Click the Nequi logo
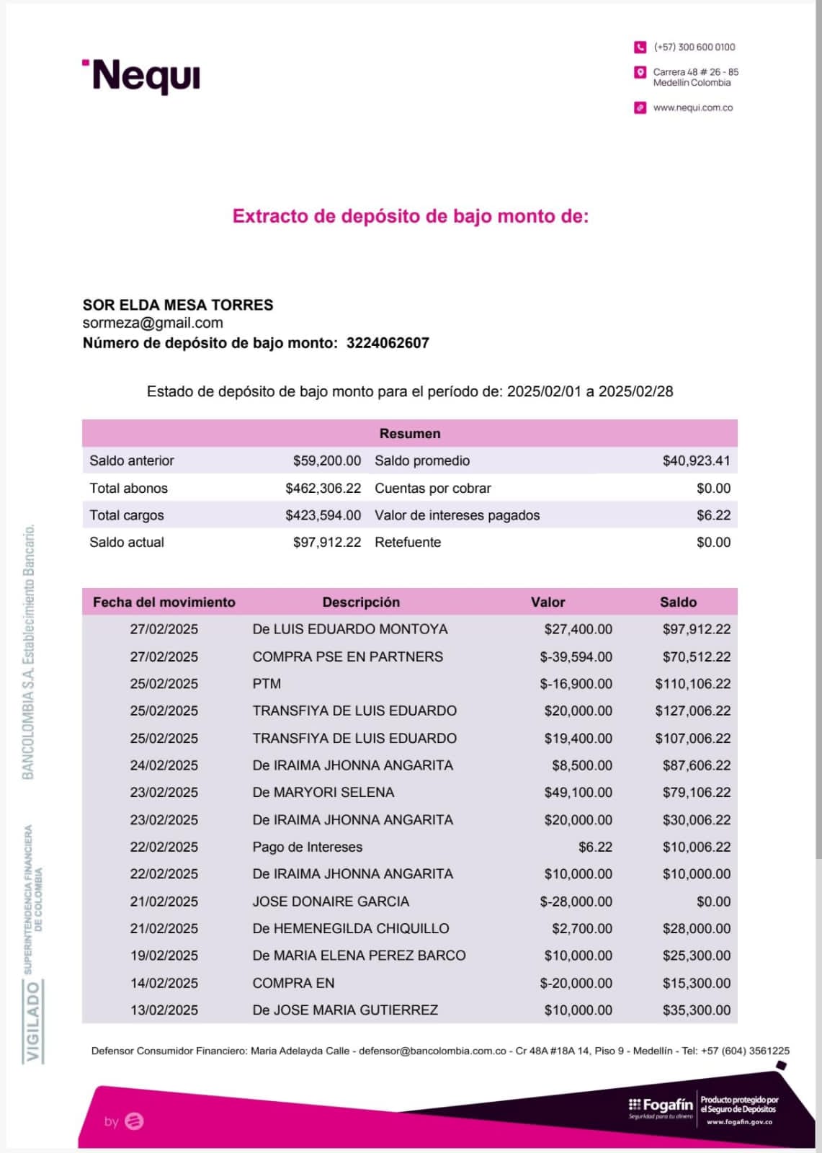142,76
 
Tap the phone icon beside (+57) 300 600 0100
640,47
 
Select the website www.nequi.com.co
692,107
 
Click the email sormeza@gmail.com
153,323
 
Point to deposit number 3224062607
388,343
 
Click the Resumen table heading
410,433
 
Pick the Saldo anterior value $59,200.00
327,460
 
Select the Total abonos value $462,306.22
323,488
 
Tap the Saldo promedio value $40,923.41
696,460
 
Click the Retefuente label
408,542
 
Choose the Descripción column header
361,602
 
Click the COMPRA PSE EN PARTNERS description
348,656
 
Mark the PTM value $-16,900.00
576,683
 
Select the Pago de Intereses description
308,847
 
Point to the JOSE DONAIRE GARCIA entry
331,901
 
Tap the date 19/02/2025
164,956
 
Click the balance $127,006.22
693,711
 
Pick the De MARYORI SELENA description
323,792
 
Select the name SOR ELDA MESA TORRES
178,305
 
